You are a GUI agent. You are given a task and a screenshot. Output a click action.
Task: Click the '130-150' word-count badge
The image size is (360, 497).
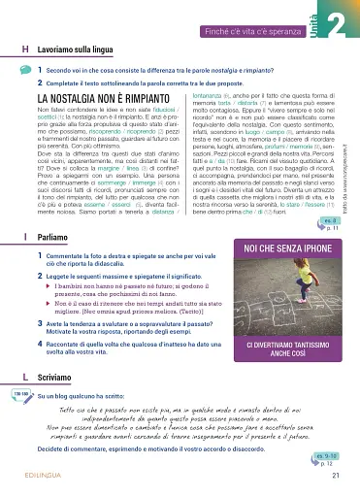click(19, 418)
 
